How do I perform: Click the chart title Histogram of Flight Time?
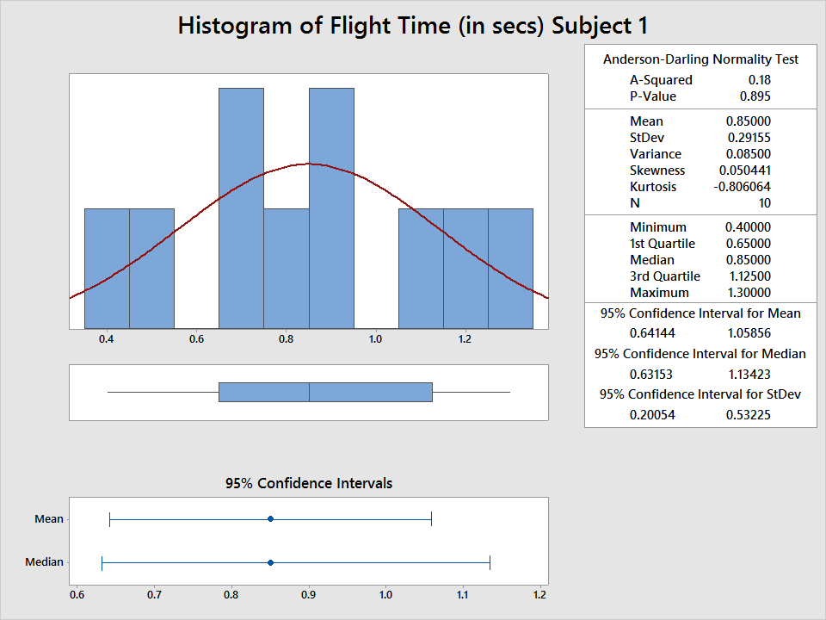tap(413, 25)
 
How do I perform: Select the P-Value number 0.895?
tap(755, 96)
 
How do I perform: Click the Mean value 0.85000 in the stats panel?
tap(749, 121)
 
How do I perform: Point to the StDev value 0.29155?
tap(749, 138)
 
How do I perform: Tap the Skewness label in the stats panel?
tap(657, 170)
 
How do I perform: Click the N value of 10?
tap(764, 203)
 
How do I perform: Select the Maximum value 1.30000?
tap(749, 293)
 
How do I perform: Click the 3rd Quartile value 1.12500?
tap(749, 276)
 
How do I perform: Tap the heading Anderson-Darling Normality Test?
tap(700, 59)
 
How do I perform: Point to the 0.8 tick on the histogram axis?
tap(286, 339)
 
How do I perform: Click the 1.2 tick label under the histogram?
tap(465, 339)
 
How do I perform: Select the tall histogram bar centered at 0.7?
tap(241, 207)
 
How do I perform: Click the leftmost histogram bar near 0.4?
tap(107, 268)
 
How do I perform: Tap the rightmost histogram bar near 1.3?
tap(510, 268)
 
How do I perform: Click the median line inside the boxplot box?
tap(309, 392)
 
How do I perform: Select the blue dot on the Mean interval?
tap(270, 518)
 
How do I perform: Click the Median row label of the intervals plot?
tap(44, 562)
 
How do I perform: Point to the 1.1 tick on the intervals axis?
tap(463, 594)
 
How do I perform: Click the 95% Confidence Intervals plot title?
tap(308, 483)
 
